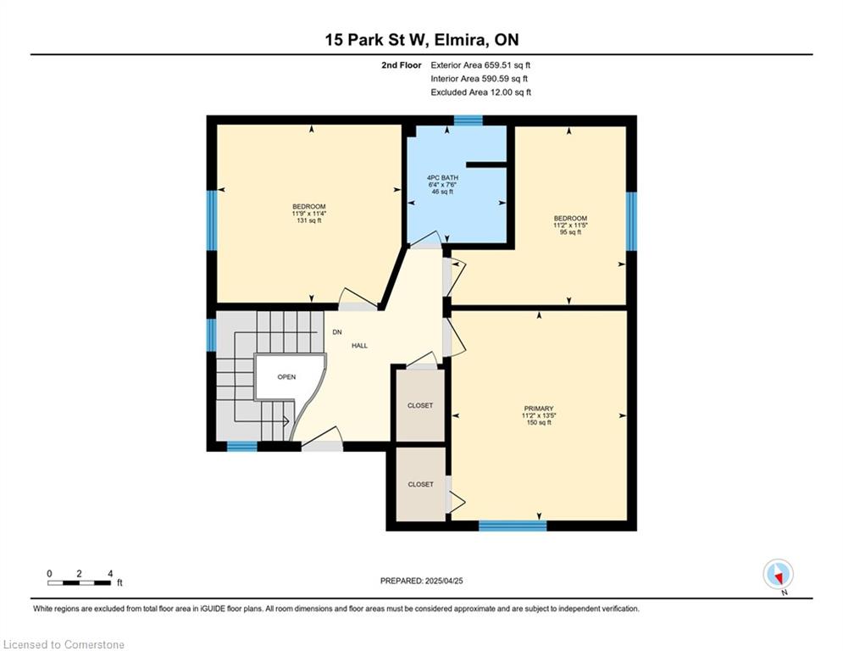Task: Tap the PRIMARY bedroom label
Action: pos(538,409)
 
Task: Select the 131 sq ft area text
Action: pos(309,220)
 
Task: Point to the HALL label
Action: pos(360,345)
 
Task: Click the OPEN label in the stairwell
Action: pos(286,376)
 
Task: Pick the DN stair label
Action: pos(337,332)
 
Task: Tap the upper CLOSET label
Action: pos(420,405)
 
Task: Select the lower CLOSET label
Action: pos(420,484)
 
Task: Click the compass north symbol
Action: pos(779,575)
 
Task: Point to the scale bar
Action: pos(80,582)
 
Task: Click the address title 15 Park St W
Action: pos(376,40)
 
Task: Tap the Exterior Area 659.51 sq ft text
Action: pos(480,65)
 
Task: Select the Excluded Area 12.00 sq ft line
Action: pos(480,92)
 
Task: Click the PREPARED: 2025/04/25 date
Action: pos(422,581)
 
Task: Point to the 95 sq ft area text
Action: pos(570,232)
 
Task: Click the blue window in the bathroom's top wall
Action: pos(469,120)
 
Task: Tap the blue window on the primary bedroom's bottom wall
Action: pos(513,526)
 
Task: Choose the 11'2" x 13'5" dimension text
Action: pos(538,415)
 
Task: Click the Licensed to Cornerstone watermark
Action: pos(64,644)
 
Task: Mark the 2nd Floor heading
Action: pos(402,65)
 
